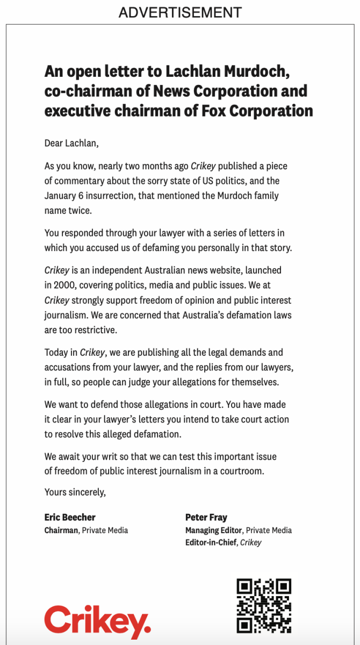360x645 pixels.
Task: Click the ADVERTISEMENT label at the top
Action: (x=180, y=12)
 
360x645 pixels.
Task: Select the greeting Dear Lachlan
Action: (x=72, y=144)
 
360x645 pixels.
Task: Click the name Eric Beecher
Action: (x=70, y=517)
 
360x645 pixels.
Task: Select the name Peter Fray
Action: (x=206, y=517)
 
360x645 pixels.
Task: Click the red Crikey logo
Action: (x=97, y=622)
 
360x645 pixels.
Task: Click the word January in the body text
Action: (x=61, y=196)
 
